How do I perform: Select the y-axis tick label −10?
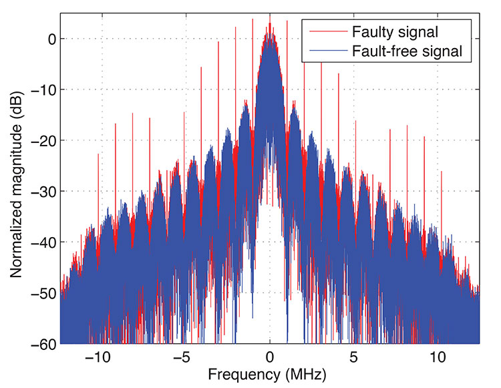[39, 89]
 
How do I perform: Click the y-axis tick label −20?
[39, 140]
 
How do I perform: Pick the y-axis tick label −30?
[39, 191]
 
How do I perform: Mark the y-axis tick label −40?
[39, 242]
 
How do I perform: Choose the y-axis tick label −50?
[39, 293]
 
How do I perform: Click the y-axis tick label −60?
[39, 343]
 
